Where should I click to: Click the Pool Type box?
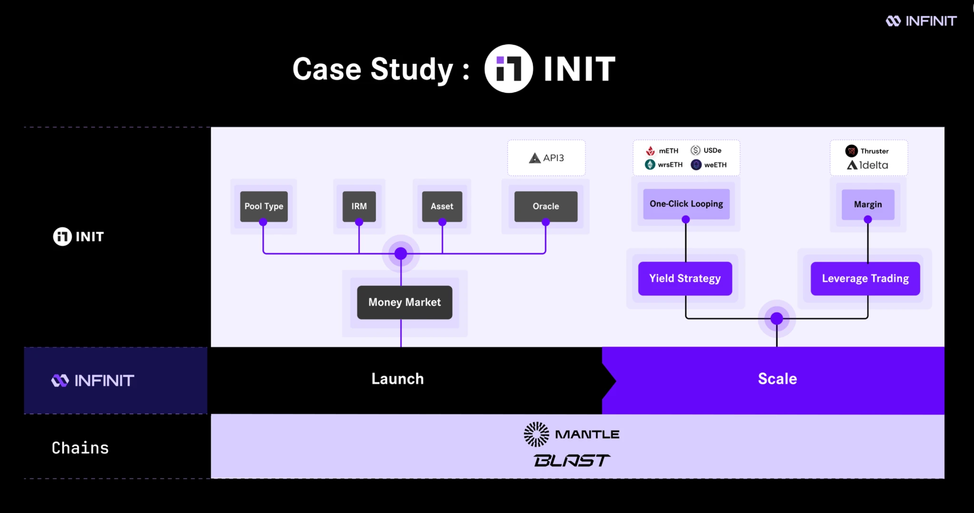coord(264,206)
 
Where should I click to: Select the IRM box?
coord(359,206)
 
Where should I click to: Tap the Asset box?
coord(442,206)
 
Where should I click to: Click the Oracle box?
coord(545,206)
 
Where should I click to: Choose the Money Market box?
coord(404,302)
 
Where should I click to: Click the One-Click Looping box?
coord(686,204)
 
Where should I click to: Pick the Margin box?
coord(868,204)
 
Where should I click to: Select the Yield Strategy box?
coord(685,278)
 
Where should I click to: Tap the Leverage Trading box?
coord(865,278)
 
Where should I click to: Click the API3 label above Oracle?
coord(546,158)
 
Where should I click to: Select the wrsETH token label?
coord(664,165)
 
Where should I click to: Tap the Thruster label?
coord(867,151)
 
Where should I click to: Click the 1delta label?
coord(867,165)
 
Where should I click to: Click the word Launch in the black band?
coord(398,379)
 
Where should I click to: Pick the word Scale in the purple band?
coord(777,379)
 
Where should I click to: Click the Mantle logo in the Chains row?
coord(572,434)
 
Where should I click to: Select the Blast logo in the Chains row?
coord(572,460)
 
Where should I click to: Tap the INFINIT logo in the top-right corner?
coord(921,21)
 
